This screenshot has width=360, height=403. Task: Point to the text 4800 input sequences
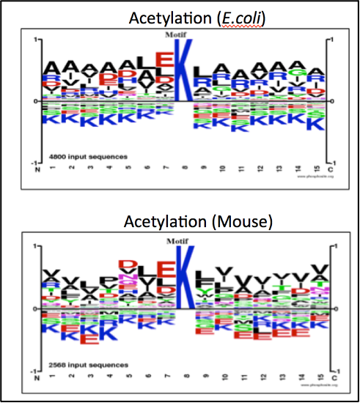coord(78,157)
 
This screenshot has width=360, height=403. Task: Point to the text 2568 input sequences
coord(78,364)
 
